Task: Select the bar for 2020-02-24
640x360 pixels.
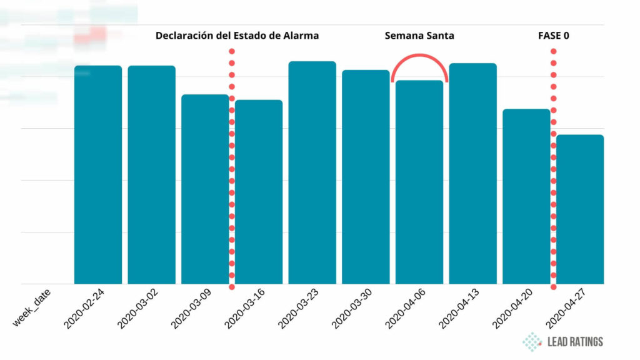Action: tap(98, 175)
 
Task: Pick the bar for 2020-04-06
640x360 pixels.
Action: tap(419, 182)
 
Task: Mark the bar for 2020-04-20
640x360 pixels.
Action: tap(526, 196)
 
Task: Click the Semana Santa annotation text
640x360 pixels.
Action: tap(419, 36)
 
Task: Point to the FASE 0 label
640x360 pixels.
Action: tap(553, 36)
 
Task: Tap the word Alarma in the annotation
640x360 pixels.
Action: tap(299, 36)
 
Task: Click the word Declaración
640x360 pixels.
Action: tap(185, 36)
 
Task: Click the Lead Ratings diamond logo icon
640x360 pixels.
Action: tap(532, 341)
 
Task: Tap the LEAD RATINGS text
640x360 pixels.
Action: tap(575, 342)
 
